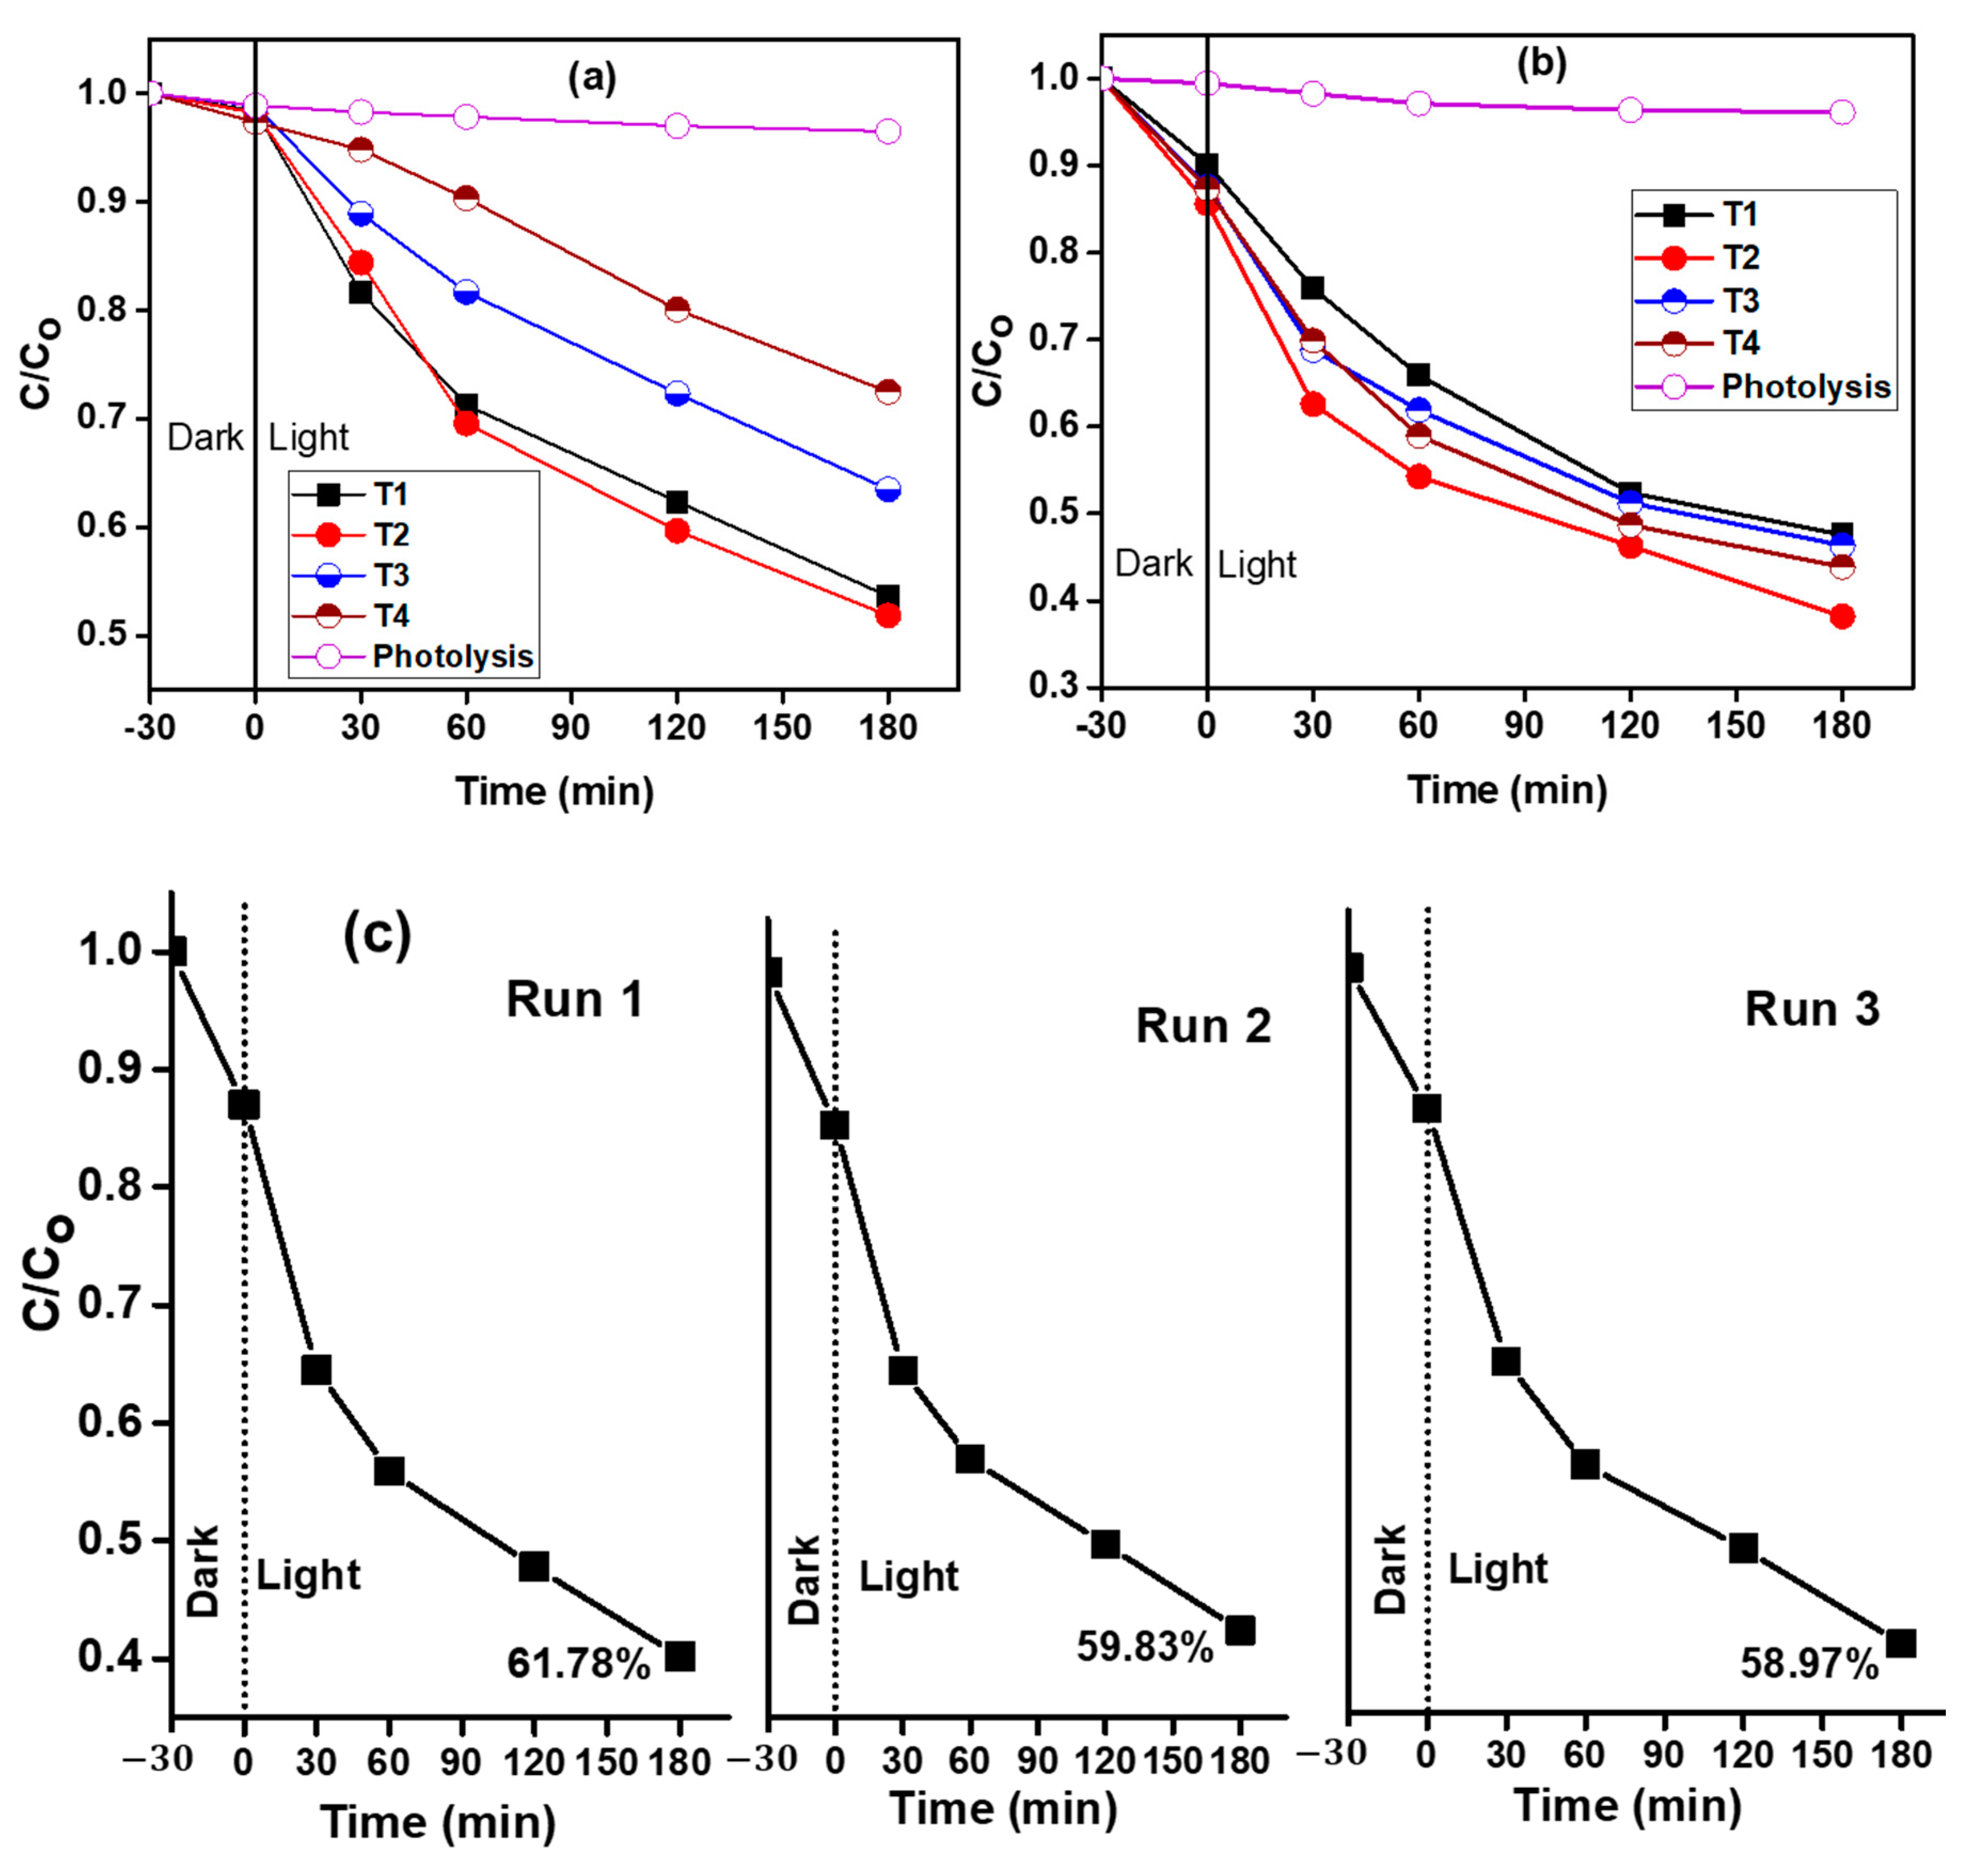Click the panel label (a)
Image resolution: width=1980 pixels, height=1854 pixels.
pyautogui.click(x=592, y=77)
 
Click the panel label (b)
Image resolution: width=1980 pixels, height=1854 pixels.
pyautogui.click(x=1541, y=63)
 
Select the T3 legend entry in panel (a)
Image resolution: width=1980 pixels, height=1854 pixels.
pyautogui.click(x=391, y=575)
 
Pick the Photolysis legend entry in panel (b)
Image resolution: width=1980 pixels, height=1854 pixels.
pyautogui.click(x=1805, y=386)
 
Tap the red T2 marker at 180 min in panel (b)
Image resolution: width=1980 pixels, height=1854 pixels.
pyautogui.click(x=1842, y=616)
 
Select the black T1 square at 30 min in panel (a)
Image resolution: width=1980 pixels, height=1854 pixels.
pyautogui.click(x=361, y=292)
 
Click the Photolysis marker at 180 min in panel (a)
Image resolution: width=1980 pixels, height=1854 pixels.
pyautogui.click(x=888, y=131)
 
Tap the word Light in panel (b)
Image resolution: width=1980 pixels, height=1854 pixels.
pyautogui.click(x=1257, y=565)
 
